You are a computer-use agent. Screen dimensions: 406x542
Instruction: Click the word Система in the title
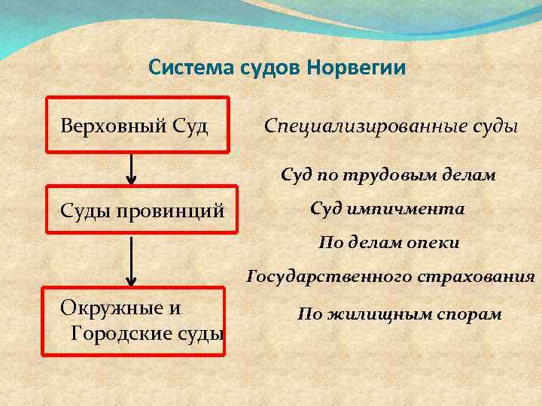tap(181, 68)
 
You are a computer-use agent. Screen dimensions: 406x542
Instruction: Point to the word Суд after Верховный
tap(186, 126)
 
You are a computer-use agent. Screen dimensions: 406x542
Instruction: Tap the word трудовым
tap(392, 176)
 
